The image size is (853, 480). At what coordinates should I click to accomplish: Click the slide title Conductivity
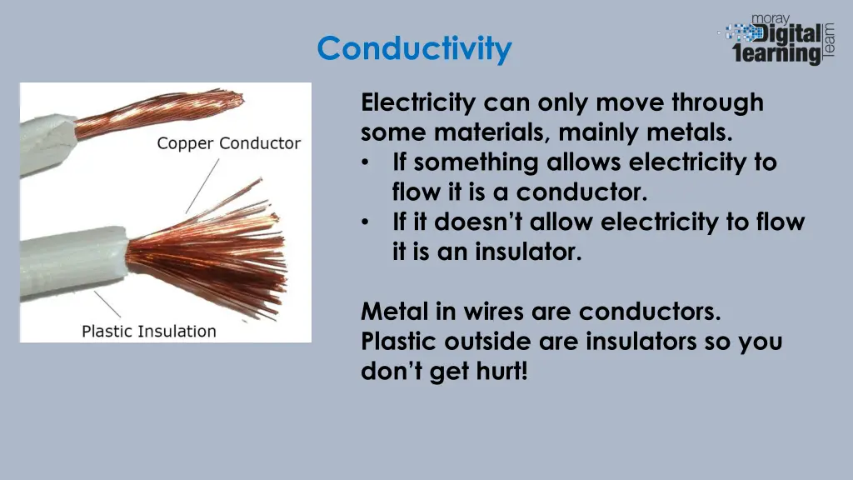pyautogui.click(x=414, y=48)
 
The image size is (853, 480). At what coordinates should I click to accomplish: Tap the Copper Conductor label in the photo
pyautogui.click(x=228, y=143)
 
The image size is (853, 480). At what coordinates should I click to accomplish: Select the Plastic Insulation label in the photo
pyautogui.click(x=148, y=331)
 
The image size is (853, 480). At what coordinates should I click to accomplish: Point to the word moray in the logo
pyautogui.click(x=771, y=17)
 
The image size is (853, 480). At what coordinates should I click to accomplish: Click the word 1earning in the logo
pyautogui.click(x=776, y=54)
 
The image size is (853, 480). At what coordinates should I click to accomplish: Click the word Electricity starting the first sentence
pyautogui.click(x=419, y=102)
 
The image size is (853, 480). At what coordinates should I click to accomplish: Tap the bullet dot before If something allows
pyautogui.click(x=367, y=162)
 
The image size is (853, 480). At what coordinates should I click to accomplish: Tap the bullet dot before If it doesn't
pyautogui.click(x=367, y=222)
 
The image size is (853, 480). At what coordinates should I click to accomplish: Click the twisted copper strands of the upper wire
pyautogui.click(x=158, y=117)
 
